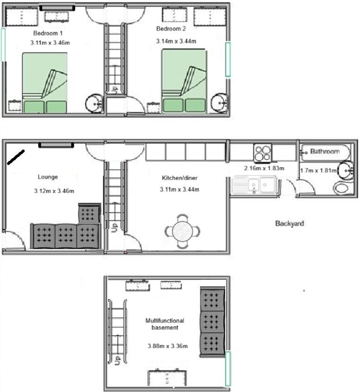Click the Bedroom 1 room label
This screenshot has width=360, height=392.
point(48,33)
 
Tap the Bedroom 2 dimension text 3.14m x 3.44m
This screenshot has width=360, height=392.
point(176,41)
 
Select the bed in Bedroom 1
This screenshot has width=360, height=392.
point(45,82)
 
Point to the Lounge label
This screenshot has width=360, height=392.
point(48,177)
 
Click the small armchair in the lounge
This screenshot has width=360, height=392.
point(89,214)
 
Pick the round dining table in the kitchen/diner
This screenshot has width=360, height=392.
point(182,232)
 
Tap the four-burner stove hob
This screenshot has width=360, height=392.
point(262,152)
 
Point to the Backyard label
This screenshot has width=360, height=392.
point(289,223)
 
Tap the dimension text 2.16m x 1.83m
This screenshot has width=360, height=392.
point(264,168)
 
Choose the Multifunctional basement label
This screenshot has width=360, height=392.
point(165,324)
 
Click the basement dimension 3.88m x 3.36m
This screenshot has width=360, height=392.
point(168,346)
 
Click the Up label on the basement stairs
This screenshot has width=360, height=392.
point(117,361)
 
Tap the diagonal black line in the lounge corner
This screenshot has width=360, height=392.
point(16,157)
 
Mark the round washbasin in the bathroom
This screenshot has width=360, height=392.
point(345,170)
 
